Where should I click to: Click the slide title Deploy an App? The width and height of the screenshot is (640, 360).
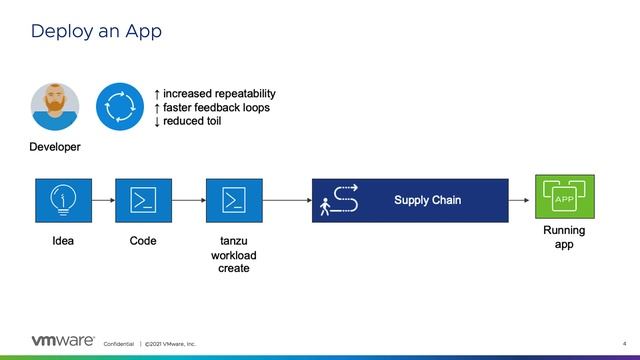coord(96,31)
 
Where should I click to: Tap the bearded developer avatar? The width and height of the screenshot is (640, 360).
coord(55,106)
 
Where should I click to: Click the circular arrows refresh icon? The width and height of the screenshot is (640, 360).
coord(120,106)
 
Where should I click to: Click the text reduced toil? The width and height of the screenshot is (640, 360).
coord(192,121)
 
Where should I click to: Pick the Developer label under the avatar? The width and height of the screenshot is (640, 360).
coord(55,147)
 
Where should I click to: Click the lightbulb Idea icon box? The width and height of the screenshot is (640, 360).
coord(63,200)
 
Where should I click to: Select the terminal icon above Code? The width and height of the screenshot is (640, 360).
coord(144,200)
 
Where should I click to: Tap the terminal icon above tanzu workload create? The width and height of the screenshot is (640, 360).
coord(234,200)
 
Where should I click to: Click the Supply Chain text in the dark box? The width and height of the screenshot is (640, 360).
coord(427,201)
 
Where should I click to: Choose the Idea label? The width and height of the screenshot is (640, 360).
coord(63,242)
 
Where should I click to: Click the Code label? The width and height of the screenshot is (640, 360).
coord(144,242)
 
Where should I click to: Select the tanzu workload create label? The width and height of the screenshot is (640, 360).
coord(234,255)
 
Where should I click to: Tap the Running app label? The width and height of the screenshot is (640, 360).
coord(563,237)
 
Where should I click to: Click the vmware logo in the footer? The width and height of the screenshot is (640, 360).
coord(63,341)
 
